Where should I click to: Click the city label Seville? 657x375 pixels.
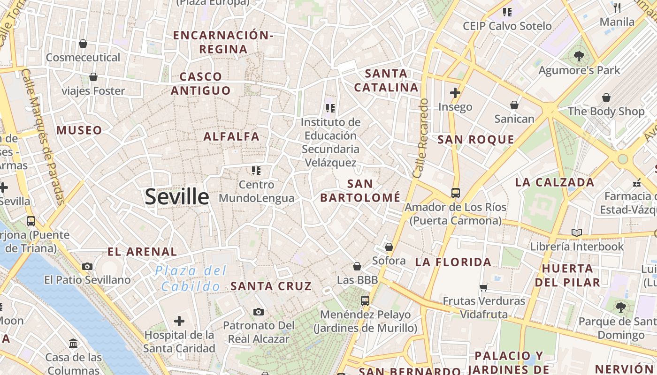(x=177, y=196)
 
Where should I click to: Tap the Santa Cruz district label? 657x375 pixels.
(x=271, y=286)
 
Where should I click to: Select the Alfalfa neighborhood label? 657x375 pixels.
(x=231, y=136)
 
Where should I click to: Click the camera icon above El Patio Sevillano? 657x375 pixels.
(x=87, y=267)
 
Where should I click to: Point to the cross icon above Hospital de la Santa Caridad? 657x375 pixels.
(x=179, y=321)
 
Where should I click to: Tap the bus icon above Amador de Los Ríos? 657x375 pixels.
(x=455, y=193)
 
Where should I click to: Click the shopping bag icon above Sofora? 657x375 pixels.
(x=389, y=247)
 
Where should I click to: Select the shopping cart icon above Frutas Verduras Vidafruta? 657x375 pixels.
(x=484, y=287)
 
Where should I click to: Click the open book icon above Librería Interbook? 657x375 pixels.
(x=577, y=232)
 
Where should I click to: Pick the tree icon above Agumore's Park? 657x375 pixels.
(x=579, y=56)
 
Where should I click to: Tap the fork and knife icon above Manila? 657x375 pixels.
(x=617, y=7)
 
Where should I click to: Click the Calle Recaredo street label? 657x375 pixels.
(x=420, y=138)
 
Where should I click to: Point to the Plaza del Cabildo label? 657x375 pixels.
(x=191, y=278)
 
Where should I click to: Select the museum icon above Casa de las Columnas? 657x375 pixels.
(x=73, y=344)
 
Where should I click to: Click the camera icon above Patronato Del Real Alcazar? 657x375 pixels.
(x=258, y=312)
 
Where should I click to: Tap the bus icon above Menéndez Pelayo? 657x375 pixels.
(x=365, y=301)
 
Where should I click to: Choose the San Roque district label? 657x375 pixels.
(x=476, y=139)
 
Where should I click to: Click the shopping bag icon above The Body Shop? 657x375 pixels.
(x=606, y=97)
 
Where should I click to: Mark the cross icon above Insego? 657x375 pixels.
(x=455, y=93)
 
